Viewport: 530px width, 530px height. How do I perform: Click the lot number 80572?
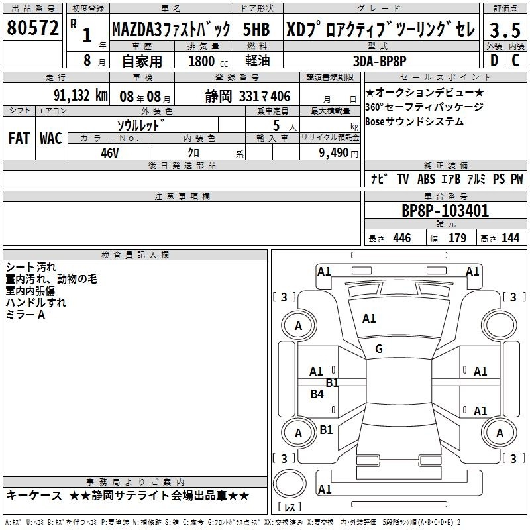[x=32, y=28]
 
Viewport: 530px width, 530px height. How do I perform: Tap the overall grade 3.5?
[x=505, y=30]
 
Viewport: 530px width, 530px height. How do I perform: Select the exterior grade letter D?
[x=494, y=60]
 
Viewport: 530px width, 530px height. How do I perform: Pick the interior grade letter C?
[x=515, y=60]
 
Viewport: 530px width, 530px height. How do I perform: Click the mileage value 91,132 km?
[x=80, y=95]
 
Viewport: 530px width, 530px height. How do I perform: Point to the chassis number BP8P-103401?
[x=445, y=211]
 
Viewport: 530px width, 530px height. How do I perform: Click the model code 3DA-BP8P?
[x=380, y=61]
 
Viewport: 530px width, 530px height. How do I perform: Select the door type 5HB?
[x=256, y=29]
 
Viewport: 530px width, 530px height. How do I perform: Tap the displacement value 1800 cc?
[x=208, y=61]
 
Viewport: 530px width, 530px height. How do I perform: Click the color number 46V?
[x=109, y=153]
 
